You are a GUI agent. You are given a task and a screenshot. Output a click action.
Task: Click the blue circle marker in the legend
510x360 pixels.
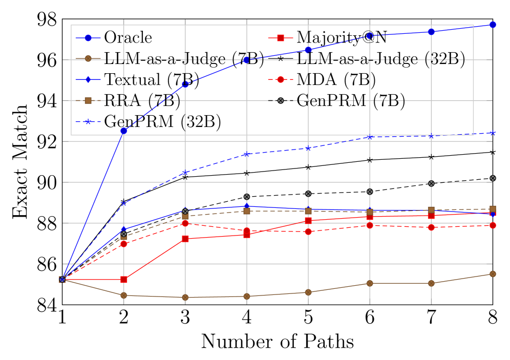[88, 38]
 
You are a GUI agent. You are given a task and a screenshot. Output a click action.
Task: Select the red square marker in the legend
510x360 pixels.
[281, 38]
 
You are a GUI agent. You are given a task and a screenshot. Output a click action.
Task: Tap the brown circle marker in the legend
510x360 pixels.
[88, 58]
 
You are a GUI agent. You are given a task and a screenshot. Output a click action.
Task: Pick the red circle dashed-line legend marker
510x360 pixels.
[281, 79]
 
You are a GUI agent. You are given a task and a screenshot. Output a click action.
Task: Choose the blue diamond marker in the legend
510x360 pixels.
[88, 79]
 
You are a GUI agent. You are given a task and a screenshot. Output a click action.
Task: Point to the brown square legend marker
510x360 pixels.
[88, 100]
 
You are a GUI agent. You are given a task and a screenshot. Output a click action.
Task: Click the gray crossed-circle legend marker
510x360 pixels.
[281, 100]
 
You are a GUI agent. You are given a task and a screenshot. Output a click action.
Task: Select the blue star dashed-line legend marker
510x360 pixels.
[88, 121]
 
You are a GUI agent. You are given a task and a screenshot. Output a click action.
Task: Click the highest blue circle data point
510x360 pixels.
[493, 25]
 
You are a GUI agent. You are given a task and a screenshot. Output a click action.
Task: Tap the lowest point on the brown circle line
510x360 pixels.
[185, 297]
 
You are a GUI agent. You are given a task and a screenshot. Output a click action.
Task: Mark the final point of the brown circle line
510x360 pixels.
[493, 274]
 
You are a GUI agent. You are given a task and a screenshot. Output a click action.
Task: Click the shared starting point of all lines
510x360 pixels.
[62, 280]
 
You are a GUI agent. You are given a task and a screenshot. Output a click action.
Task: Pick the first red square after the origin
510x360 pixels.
[124, 280]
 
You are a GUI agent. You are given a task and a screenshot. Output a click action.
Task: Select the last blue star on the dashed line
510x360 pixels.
[493, 133]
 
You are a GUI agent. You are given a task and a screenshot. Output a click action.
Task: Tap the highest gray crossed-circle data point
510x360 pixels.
[493, 178]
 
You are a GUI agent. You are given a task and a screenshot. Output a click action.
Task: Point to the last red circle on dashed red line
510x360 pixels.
[493, 225]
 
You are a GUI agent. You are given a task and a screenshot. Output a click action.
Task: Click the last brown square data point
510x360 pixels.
[493, 209]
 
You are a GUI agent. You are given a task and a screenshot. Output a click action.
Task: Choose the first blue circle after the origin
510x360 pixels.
[124, 131]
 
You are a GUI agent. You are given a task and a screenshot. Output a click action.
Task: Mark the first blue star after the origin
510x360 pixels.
[124, 203]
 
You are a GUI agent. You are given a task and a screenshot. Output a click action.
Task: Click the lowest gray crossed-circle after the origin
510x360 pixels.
[124, 234]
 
